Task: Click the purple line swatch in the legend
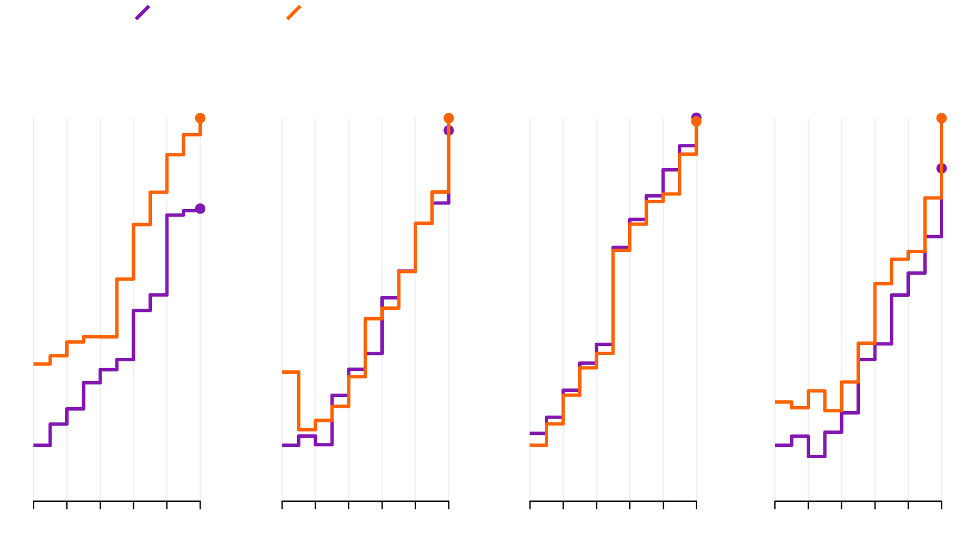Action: click(142, 12)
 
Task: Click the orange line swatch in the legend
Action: click(294, 12)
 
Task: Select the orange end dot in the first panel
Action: click(200, 118)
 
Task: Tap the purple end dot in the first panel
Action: click(200, 208)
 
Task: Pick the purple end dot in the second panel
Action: click(448, 131)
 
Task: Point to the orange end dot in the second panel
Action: click(448, 118)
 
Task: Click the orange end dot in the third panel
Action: click(696, 121)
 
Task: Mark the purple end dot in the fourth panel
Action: click(942, 168)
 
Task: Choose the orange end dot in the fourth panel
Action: click(942, 118)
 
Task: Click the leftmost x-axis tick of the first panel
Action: click(34, 504)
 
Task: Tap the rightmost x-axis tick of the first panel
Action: click(200, 504)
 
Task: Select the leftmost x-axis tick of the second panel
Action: click(282, 504)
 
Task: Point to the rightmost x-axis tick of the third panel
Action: click(696, 504)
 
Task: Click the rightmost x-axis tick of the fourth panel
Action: click(942, 504)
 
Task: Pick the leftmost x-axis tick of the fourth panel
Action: click(775, 504)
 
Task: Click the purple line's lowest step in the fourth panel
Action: click(817, 456)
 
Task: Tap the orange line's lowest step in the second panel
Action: click(307, 429)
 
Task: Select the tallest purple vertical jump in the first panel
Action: click(167, 255)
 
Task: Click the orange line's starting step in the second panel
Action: click(290, 372)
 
